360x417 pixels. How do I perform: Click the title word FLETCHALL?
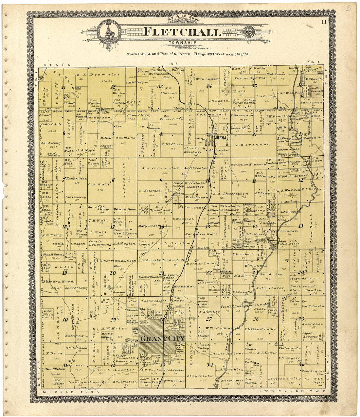coord(182,32)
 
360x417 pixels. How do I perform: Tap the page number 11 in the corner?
coord(324,22)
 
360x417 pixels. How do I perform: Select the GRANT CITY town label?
coord(162,339)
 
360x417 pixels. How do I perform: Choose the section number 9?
coord(161,180)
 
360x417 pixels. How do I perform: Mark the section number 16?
coord(161,227)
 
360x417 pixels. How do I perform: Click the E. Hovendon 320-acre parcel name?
coord(253,144)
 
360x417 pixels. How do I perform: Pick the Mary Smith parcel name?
coord(149,226)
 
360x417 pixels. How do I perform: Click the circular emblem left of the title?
coord(109,32)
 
